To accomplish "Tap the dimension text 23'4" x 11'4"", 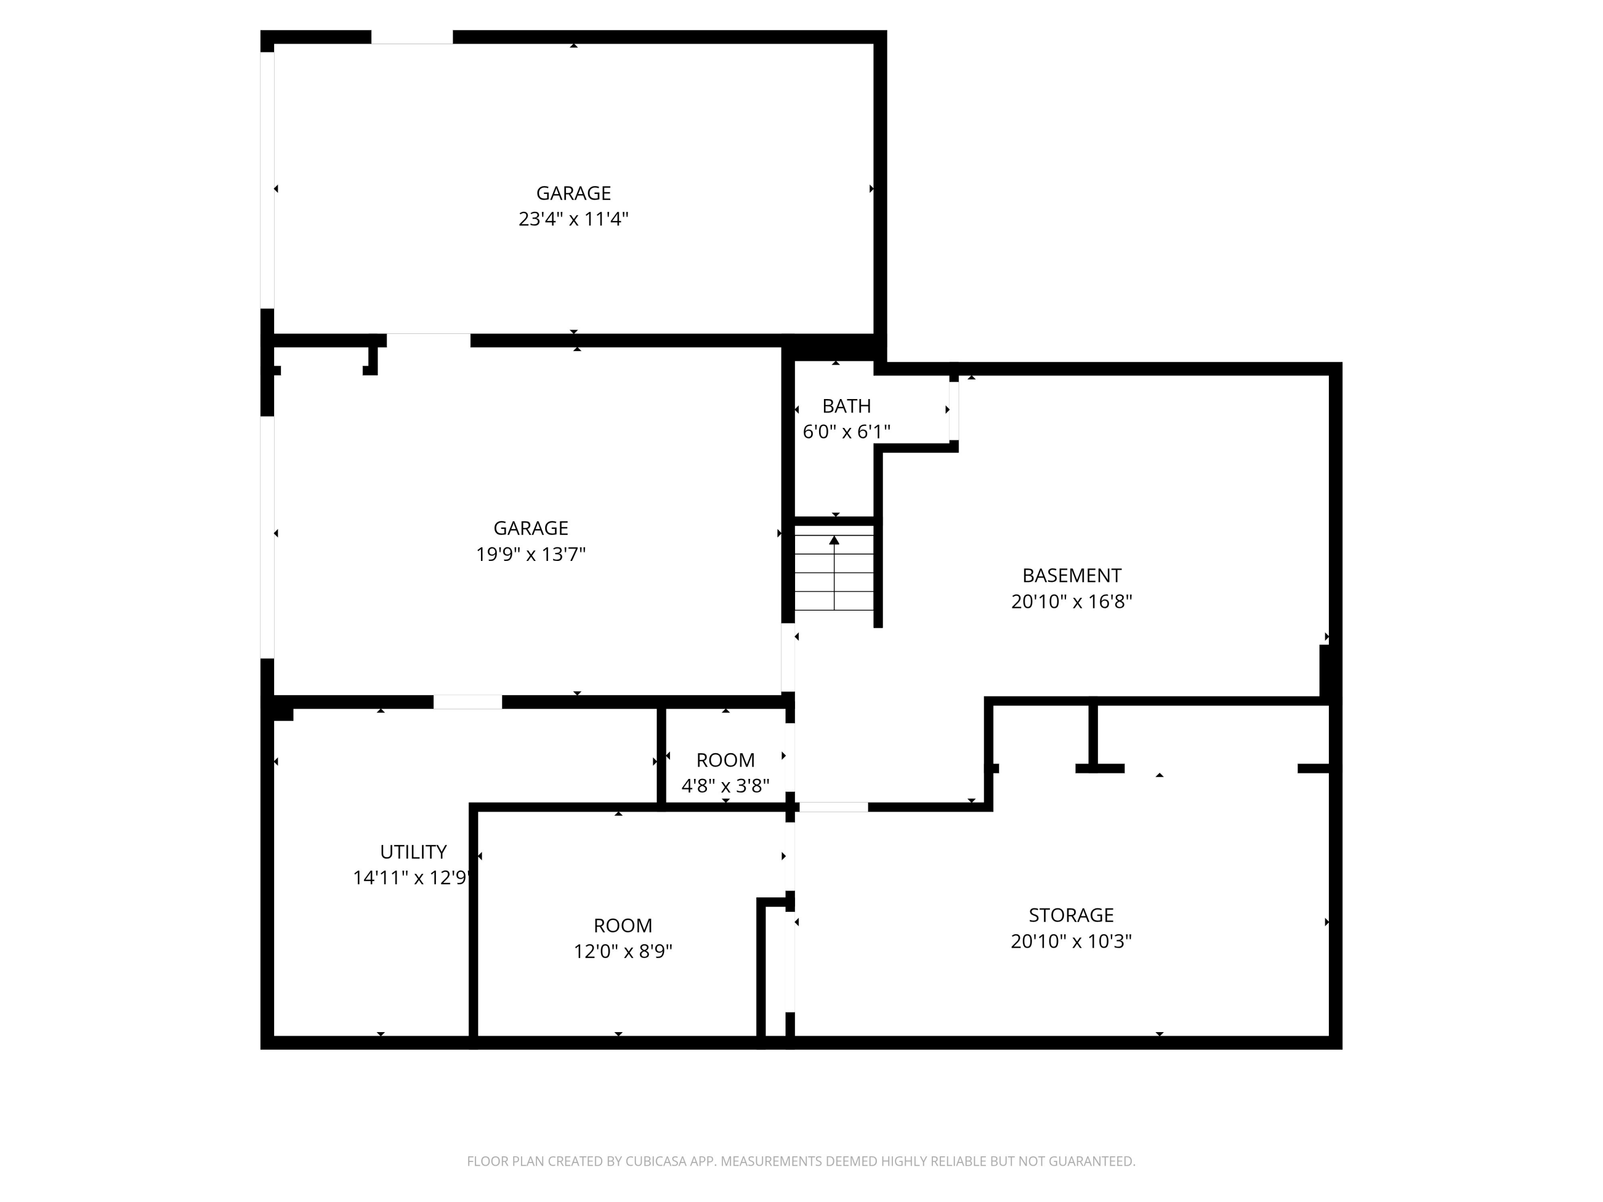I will [573, 219].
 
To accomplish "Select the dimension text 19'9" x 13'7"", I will [531, 555].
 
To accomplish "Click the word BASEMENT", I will [1071, 575].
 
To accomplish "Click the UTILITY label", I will [413, 852].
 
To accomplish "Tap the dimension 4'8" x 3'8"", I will [725, 785].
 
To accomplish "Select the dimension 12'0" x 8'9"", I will [622, 951].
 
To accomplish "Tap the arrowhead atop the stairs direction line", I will [834, 540].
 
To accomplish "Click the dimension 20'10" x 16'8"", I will [1071, 602].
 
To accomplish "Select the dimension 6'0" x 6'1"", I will [846, 432].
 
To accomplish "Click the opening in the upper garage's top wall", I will [411, 37].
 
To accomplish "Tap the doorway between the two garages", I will [429, 340].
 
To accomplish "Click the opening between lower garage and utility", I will [468, 702].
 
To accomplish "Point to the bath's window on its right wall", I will [954, 410].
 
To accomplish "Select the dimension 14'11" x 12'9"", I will [411, 878].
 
